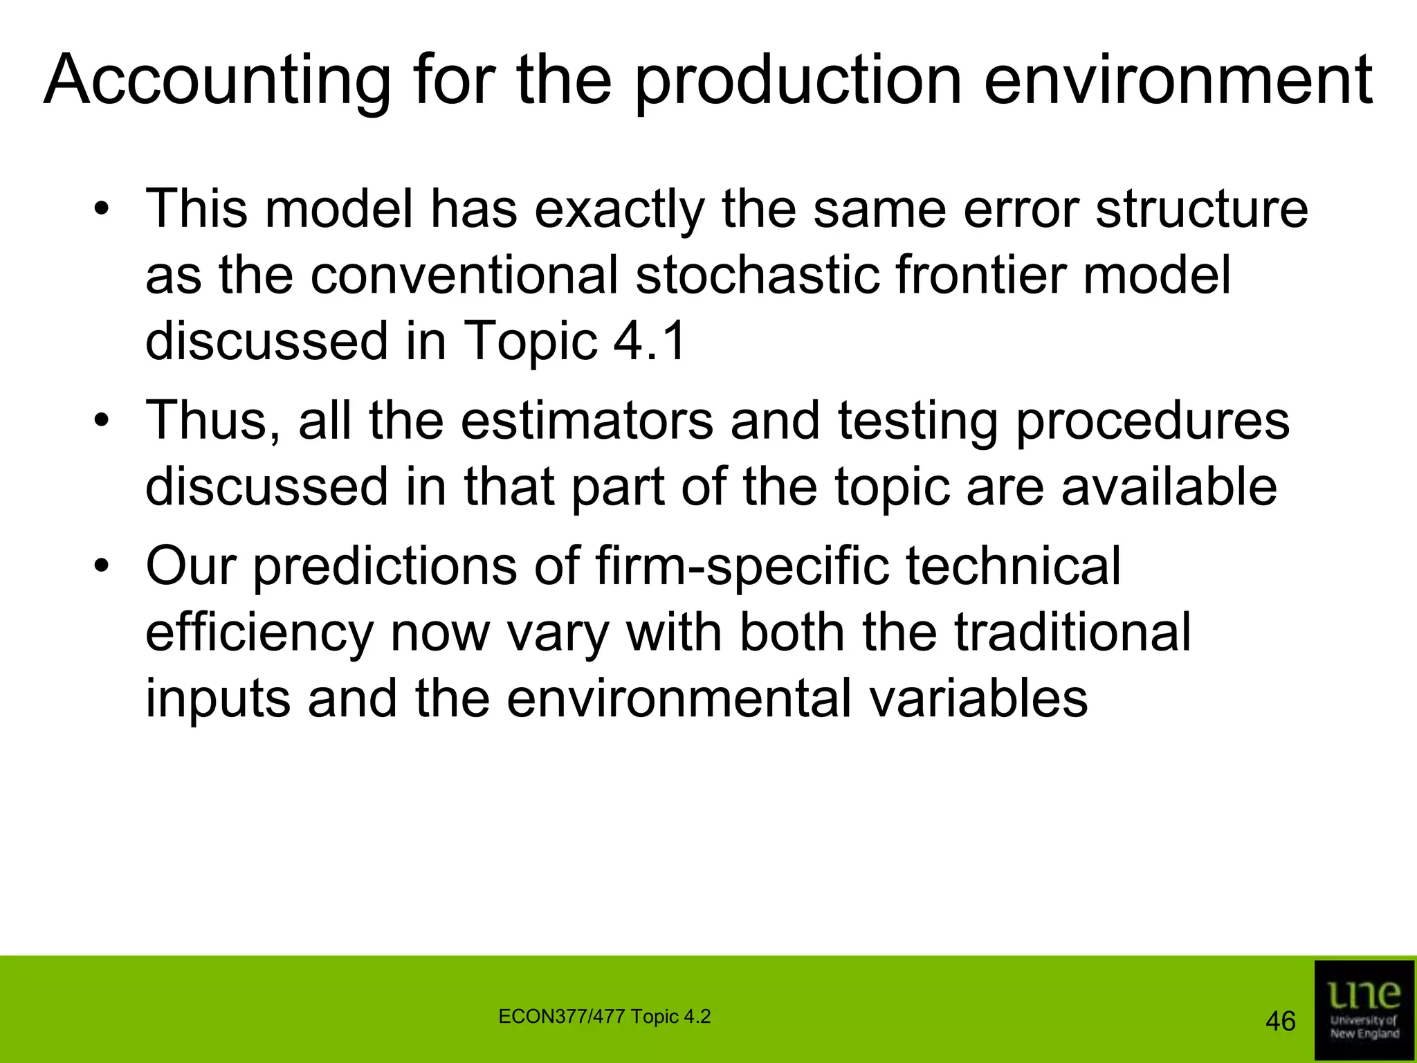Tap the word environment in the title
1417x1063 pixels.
coord(1178,82)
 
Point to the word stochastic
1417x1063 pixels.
coord(758,275)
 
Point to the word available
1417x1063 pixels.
coord(1169,486)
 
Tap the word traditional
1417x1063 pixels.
coord(1072,633)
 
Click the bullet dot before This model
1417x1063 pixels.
coord(102,210)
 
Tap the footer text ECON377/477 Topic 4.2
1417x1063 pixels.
coord(604,1017)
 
